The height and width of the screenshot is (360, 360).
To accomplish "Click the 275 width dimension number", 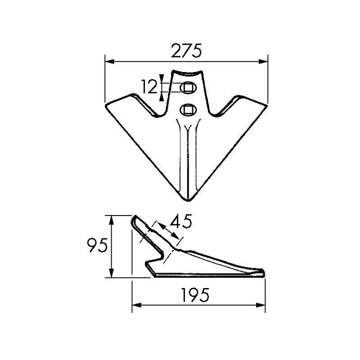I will tap(185, 51).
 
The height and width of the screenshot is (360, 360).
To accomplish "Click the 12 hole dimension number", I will tap(149, 86).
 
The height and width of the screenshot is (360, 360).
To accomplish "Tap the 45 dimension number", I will tap(181, 222).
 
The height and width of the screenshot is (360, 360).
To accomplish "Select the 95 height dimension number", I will tap(97, 246).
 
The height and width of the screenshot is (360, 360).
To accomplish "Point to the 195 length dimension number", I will tap(196, 295).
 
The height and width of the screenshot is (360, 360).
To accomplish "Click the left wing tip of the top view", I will tap(107, 106).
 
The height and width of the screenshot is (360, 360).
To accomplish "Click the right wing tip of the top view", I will tap(265, 106).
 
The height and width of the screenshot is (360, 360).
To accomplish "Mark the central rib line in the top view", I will tap(186, 157).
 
